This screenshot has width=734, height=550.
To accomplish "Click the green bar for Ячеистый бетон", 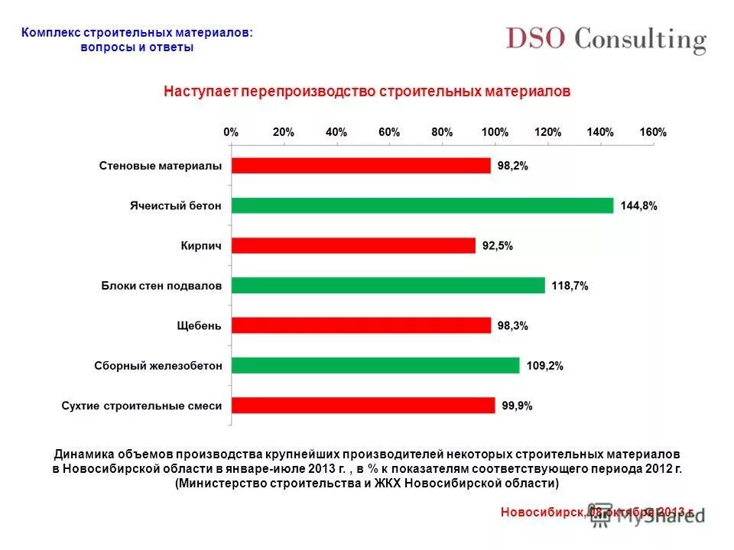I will [x=422, y=205].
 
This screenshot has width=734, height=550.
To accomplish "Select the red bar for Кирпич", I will [x=353, y=245].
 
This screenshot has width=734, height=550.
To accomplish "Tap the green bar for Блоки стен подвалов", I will [x=388, y=286].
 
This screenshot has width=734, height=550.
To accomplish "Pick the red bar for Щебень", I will [x=361, y=325].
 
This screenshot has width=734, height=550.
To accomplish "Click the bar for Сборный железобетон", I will [x=375, y=365].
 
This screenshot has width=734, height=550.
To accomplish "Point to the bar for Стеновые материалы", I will [x=361, y=166].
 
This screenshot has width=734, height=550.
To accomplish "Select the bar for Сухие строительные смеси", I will [x=363, y=406].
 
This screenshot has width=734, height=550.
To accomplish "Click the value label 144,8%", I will [x=638, y=206].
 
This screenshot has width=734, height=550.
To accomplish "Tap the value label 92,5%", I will [x=498, y=246].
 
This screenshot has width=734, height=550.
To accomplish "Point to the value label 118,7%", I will [x=570, y=286].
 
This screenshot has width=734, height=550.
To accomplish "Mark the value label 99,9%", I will [x=518, y=406].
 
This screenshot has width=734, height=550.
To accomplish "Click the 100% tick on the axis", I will [x=495, y=132].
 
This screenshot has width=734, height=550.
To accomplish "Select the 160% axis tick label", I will [x=653, y=132].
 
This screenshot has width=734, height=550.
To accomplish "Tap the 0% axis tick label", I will [x=231, y=132].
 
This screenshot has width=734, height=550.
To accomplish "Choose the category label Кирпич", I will [x=201, y=246].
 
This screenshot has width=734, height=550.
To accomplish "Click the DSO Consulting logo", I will [x=605, y=40].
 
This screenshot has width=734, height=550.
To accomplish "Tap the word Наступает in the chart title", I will [x=200, y=92].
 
